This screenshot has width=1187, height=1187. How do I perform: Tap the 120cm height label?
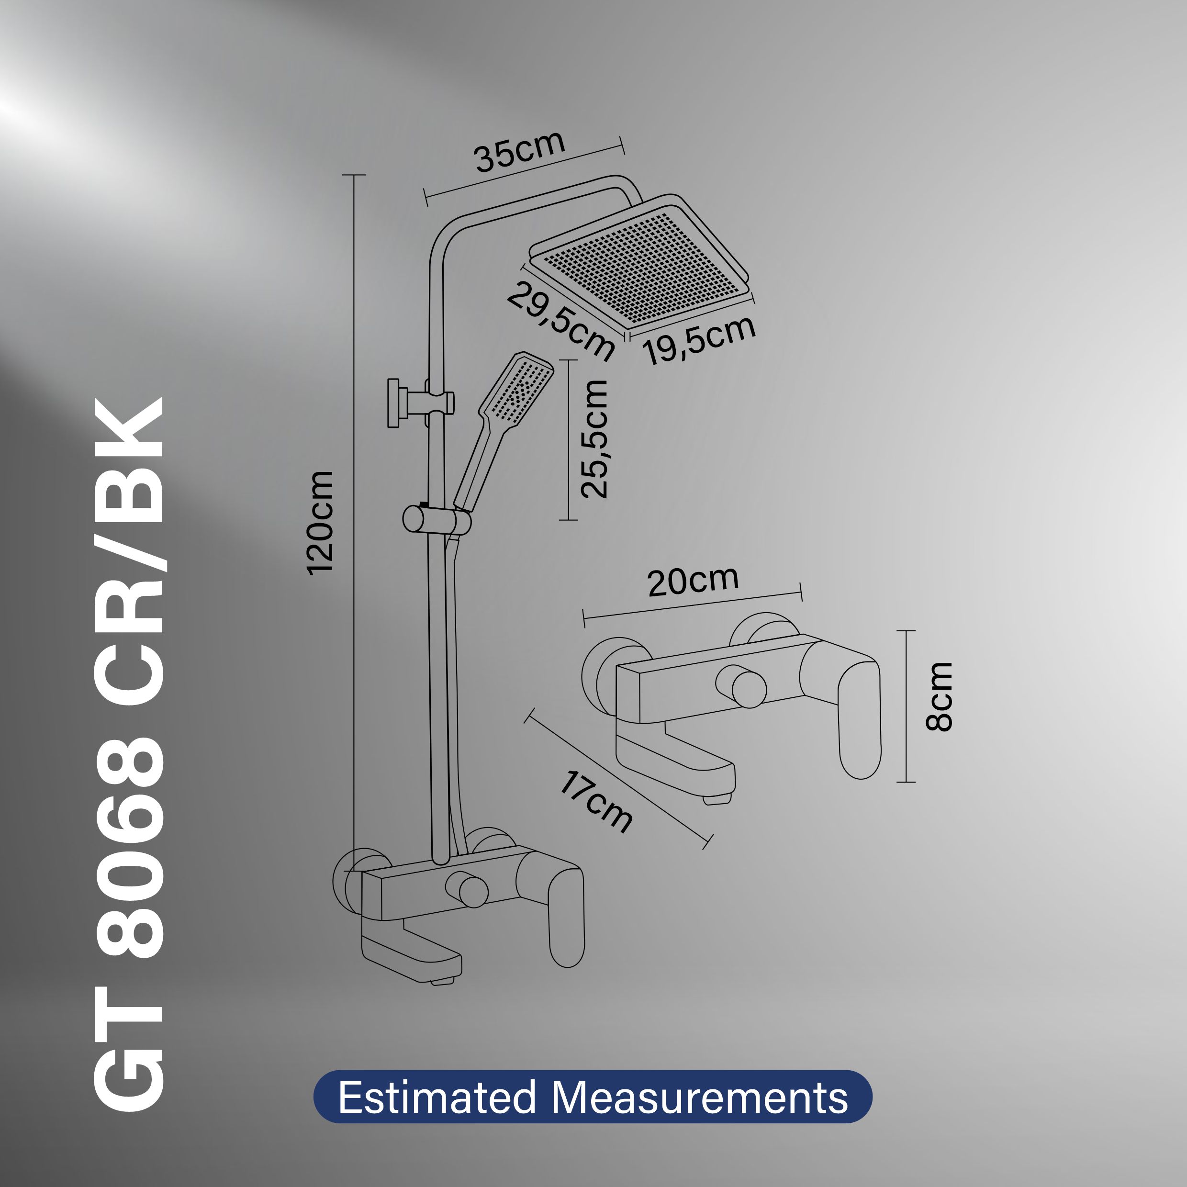320,523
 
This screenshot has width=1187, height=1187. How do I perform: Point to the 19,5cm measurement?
699,340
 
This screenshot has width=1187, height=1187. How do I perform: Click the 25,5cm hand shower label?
594,439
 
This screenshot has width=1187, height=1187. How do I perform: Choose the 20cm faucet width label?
693,581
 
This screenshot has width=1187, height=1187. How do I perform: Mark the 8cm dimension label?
939,697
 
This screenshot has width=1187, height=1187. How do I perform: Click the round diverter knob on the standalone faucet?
748,689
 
